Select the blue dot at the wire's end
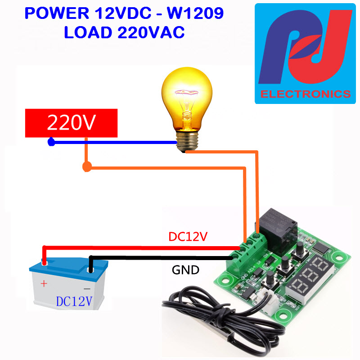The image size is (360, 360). point(51,143)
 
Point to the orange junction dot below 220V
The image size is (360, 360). point(86,167)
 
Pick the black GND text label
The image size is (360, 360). point(185,270)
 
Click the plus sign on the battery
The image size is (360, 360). point(44,283)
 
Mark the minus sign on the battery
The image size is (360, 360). point(87,288)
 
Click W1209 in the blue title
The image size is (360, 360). point(195,13)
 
